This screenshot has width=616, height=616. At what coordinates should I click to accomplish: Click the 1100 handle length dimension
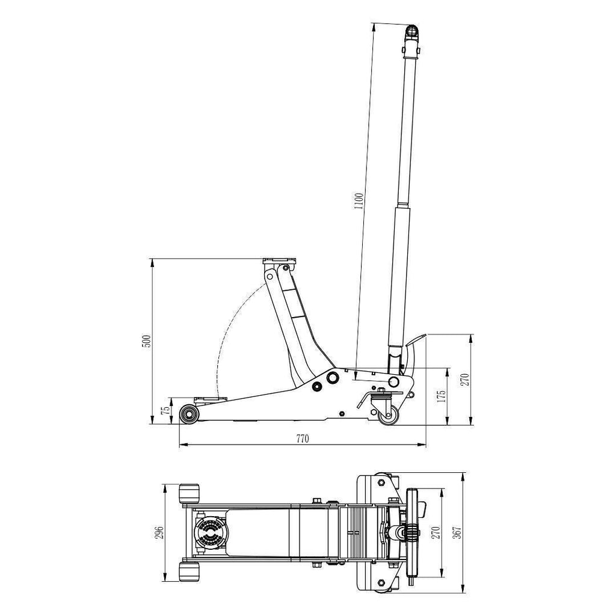pyautogui.click(x=359, y=200)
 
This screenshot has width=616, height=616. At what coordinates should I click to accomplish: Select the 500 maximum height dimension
pyautogui.click(x=146, y=341)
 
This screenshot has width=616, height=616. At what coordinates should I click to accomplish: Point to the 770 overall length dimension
pyautogui.click(x=303, y=439)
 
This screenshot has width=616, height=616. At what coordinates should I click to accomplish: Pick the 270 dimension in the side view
pyautogui.click(x=465, y=379)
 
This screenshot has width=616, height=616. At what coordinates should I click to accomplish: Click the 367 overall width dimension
pyautogui.click(x=457, y=532)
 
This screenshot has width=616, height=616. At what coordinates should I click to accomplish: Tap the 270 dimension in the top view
pyautogui.click(x=436, y=532)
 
